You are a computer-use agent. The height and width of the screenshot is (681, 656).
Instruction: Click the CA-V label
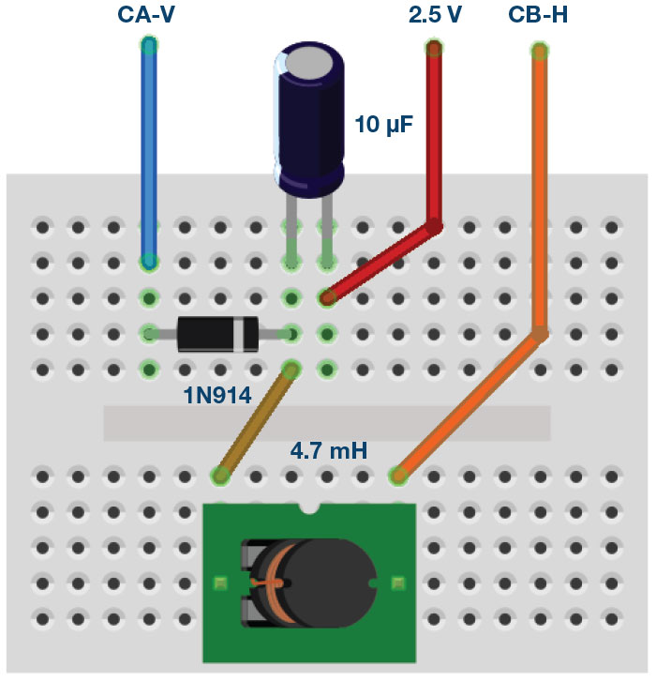pyautogui.click(x=147, y=15)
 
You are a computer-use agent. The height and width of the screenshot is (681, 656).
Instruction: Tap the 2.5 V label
pyautogui.click(x=435, y=15)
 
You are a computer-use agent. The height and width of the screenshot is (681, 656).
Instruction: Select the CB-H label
pyautogui.click(x=538, y=15)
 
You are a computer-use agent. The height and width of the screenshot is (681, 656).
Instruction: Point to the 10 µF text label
pyautogui.click(x=384, y=123)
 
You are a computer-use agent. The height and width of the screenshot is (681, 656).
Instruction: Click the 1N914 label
pyautogui.click(x=216, y=396)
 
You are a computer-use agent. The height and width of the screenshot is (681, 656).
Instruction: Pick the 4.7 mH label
pyautogui.click(x=328, y=452)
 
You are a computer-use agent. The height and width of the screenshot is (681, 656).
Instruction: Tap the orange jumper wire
pyautogui.click(x=540, y=188)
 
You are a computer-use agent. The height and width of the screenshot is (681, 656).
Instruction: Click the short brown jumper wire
pyautogui.click(x=256, y=421)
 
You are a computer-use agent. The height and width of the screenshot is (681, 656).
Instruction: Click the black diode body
pyautogui.click(x=210, y=333)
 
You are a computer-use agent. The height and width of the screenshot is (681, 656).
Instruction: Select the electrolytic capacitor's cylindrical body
pyautogui.click(x=308, y=131)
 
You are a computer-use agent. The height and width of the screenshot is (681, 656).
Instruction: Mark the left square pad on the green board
pyautogui.click(x=220, y=583)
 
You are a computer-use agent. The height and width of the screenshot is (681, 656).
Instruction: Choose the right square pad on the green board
pyautogui.click(x=398, y=583)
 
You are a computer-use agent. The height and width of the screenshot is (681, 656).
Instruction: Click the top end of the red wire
pyautogui.click(x=434, y=47)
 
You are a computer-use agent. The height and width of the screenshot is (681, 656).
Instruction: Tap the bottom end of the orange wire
pyautogui.click(x=399, y=476)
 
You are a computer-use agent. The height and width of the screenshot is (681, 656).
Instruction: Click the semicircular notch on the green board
pyautogui.click(x=310, y=509)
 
